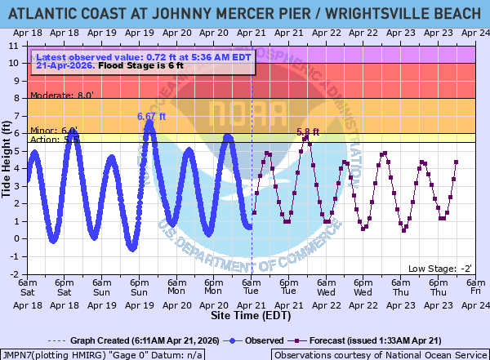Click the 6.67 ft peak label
click(151, 117)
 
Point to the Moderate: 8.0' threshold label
click(62, 95)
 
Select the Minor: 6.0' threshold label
click(54, 130)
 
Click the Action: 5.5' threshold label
click(55, 140)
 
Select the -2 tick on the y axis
click(20, 273)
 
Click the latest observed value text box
click(142, 61)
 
